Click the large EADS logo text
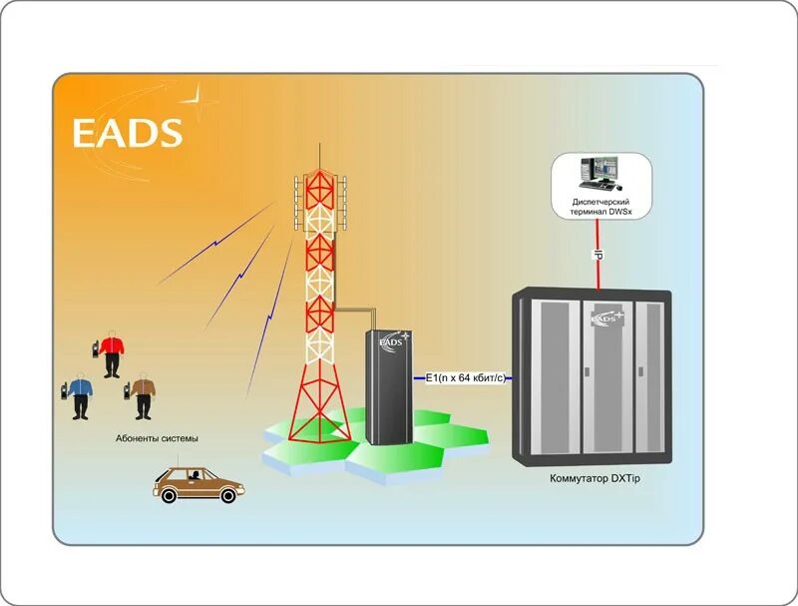pos(127,133)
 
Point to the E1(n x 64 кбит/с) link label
pos(465,378)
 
